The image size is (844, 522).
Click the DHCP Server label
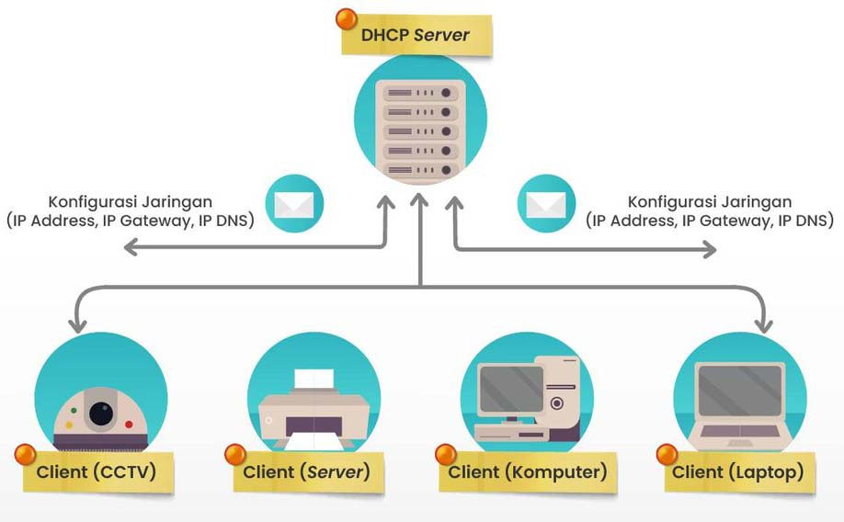416,36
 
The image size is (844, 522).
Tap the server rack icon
420,129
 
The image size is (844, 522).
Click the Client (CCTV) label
96,472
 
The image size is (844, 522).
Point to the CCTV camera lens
101,414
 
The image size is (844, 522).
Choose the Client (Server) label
306,472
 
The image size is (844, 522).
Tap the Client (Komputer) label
527,472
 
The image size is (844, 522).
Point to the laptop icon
740,401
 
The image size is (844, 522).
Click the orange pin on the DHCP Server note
347,18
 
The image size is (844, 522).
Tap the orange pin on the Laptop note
667,453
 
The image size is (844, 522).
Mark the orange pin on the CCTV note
25,454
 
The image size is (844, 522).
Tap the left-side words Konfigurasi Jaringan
131,201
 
